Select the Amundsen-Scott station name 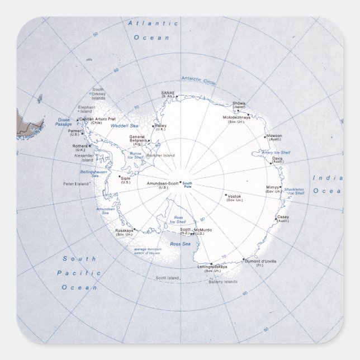pyautogui.click(x=163, y=183)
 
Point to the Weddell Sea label pyautogui.click(x=124, y=126)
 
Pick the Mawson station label pyautogui.click(x=274, y=136)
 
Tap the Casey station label pyautogui.click(x=283, y=217)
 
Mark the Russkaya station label pyautogui.click(x=124, y=230)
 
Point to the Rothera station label pyautogui.click(x=80, y=146)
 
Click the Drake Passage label pyautogui.click(x=63, y=122)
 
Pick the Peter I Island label pyautogui.click(x=76, y=183)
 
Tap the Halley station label pyautogui.click(x=161, y=126)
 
